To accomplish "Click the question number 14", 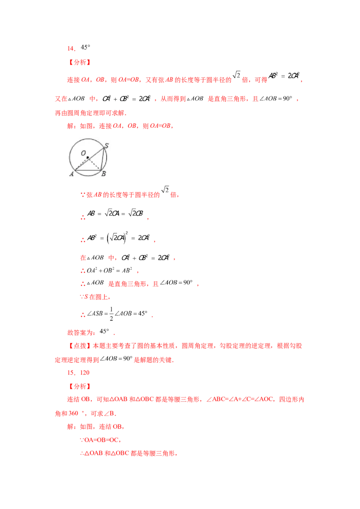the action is point(71,49).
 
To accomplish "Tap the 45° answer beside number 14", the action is point(85,47).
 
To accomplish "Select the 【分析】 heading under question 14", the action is point(80,63).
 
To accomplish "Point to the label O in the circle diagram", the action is point(84,153).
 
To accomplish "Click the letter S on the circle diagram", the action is point(106,146).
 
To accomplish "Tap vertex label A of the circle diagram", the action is point(72,174).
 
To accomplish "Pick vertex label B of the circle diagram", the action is point(103,174).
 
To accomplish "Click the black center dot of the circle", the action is point(88,158).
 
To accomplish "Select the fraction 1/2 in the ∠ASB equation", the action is point(111,314).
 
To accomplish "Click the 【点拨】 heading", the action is point(80,346).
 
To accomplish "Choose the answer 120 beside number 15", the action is point(85,373).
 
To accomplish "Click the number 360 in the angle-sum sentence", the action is point(73,413).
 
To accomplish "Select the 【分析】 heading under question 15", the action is point(80,386).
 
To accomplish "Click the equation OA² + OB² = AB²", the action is point(109,270).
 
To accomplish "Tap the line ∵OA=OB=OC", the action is point(100,440).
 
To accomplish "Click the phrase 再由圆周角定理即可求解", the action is point(90,113).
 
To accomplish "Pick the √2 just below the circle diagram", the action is point(165,190).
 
